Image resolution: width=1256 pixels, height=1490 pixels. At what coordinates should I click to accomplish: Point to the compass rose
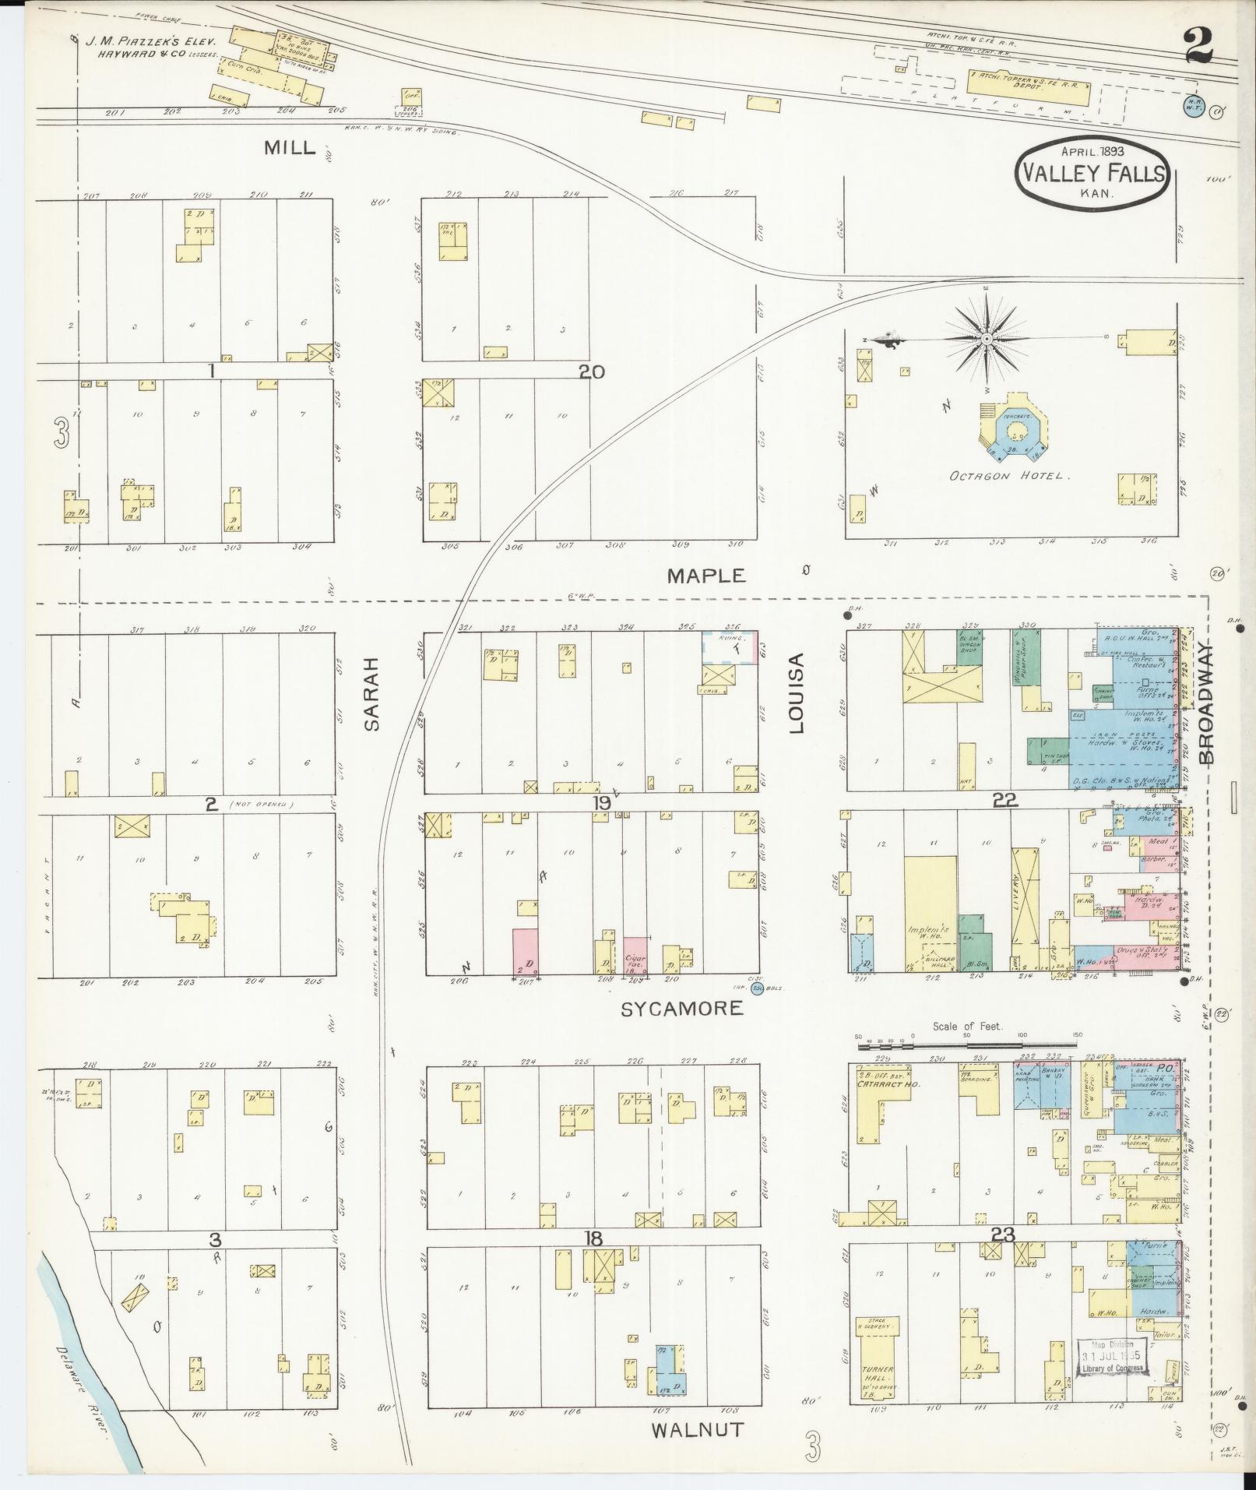coord(986,340)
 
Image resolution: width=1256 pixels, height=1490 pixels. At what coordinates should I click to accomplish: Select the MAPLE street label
coord(706,576)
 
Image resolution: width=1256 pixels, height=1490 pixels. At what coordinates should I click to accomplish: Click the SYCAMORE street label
coord(681,1009)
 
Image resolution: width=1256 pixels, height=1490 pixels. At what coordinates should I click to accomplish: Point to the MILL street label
coord(290,147)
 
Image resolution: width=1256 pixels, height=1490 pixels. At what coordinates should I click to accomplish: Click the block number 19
coord(600,803)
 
